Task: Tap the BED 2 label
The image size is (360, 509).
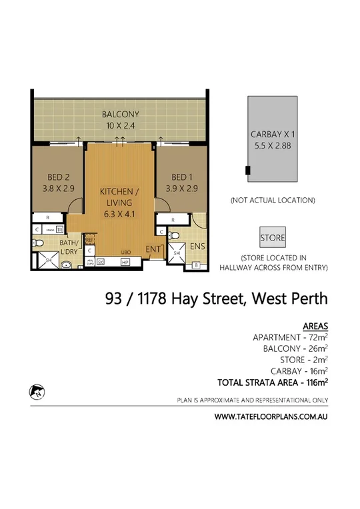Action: point(55,177)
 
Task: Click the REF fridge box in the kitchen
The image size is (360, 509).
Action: point(91,241)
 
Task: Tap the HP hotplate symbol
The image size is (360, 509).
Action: point(125,262)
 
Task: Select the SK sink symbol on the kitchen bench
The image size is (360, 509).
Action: point(101,262)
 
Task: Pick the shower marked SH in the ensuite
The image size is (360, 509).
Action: point(177,253)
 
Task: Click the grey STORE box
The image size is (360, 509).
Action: point(272,237)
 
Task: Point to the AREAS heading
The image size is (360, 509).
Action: point(315,326)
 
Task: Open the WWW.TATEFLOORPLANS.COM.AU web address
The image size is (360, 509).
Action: point(271,416)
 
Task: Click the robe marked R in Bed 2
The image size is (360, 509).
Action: point(47,217)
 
